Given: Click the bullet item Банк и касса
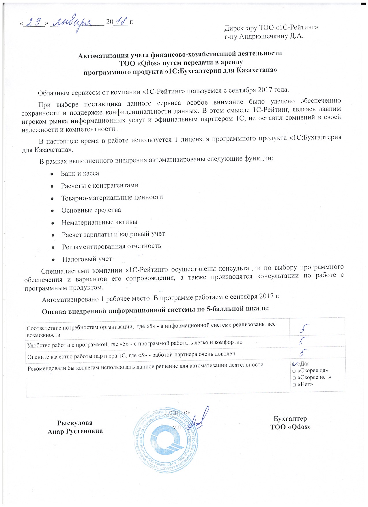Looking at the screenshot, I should click(x=80, y=173).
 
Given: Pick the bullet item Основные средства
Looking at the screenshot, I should click(x=91, y=210).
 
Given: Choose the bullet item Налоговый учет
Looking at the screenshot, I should click(x=87, y=259).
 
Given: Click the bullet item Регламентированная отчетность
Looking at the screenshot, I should click(x=111, y=247).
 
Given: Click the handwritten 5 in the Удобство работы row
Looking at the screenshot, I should click(x=302, y=341).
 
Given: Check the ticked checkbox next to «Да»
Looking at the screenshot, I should click(x=294, y=363).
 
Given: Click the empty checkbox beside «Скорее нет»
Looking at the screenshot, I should click(x=294, y=378).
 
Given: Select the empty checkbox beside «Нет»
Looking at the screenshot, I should click(x=294, y=385).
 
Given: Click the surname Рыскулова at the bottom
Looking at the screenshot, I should click(x=75, y=423).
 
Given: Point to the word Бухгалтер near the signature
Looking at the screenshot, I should click(x=290, y=419).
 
